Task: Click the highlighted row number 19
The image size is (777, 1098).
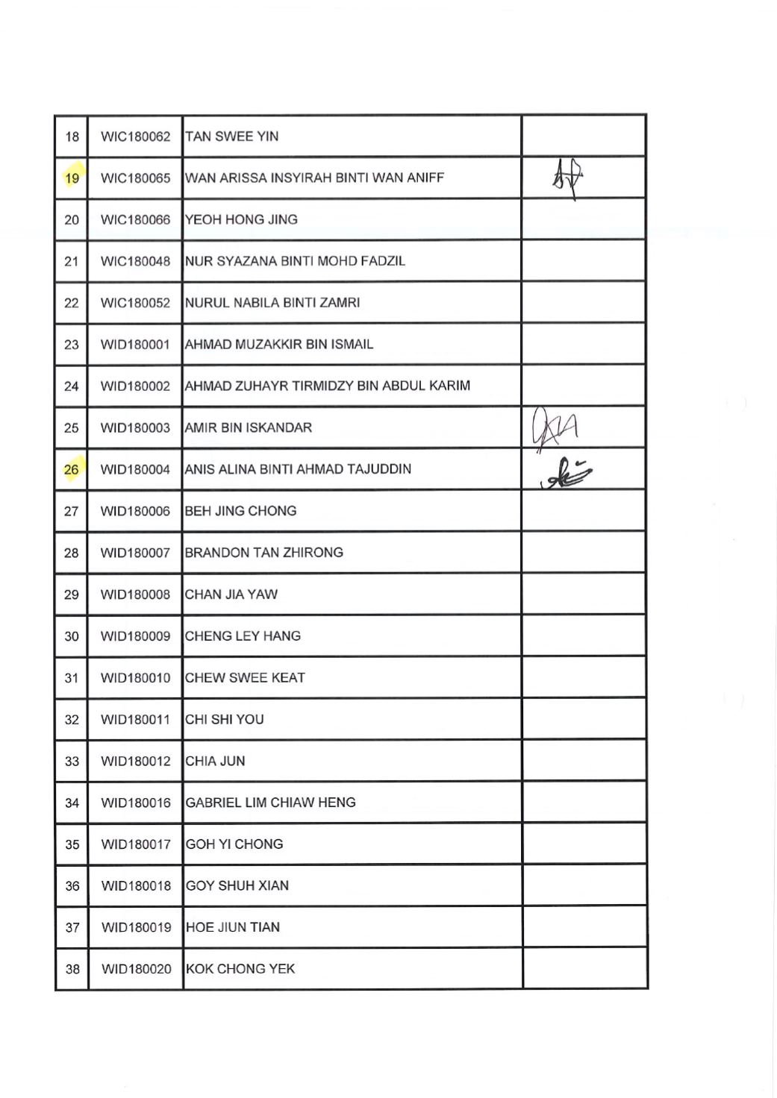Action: (72, 178)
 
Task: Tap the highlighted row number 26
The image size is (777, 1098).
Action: (72, 470)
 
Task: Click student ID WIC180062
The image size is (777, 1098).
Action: (135, 137)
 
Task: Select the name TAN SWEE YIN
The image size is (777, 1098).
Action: (232, 137)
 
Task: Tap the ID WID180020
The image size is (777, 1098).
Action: (136, 969)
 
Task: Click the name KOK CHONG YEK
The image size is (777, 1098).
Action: (240, 969)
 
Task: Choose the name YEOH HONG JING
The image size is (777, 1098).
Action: (242, 220)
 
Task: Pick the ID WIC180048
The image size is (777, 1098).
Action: (135, 262)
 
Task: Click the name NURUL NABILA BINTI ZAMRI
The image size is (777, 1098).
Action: (272, 303)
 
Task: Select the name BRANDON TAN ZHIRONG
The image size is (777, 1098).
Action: (264, 553)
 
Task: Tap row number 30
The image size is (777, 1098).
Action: (72, 636)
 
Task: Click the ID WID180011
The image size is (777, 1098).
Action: (136, 720)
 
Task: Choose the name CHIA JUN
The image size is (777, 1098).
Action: (216, 762)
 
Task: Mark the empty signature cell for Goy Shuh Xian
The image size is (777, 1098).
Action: (584, 885)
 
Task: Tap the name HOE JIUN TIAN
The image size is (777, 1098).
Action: (233, 927)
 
